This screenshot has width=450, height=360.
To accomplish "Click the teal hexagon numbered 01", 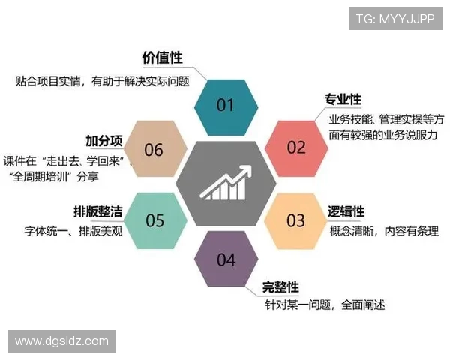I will click(225, 105).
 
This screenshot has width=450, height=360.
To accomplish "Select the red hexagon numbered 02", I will click(296, 147).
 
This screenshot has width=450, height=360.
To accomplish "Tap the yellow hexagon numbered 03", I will click(296, 220).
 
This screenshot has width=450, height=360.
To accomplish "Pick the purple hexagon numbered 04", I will click(225, 260).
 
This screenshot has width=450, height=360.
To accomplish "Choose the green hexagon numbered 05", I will click(154, 220).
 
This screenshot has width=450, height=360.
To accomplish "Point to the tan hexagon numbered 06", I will click(154, 150).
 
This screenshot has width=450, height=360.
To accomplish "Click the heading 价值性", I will click(162, 58).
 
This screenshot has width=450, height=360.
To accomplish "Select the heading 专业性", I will click(343, 100).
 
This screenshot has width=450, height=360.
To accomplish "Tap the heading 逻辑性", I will click(346, 211).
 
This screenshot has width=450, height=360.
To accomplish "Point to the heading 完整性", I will click(280, 287).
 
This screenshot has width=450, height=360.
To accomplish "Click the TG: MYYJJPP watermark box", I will click(395, 18).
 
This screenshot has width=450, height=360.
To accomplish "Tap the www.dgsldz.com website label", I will click(61, 341).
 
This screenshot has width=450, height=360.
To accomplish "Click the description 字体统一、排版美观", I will click(72, 231).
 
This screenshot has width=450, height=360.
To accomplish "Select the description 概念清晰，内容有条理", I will click(383, 231).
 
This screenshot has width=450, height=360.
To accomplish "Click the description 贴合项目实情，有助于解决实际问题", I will click(102, 80).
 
